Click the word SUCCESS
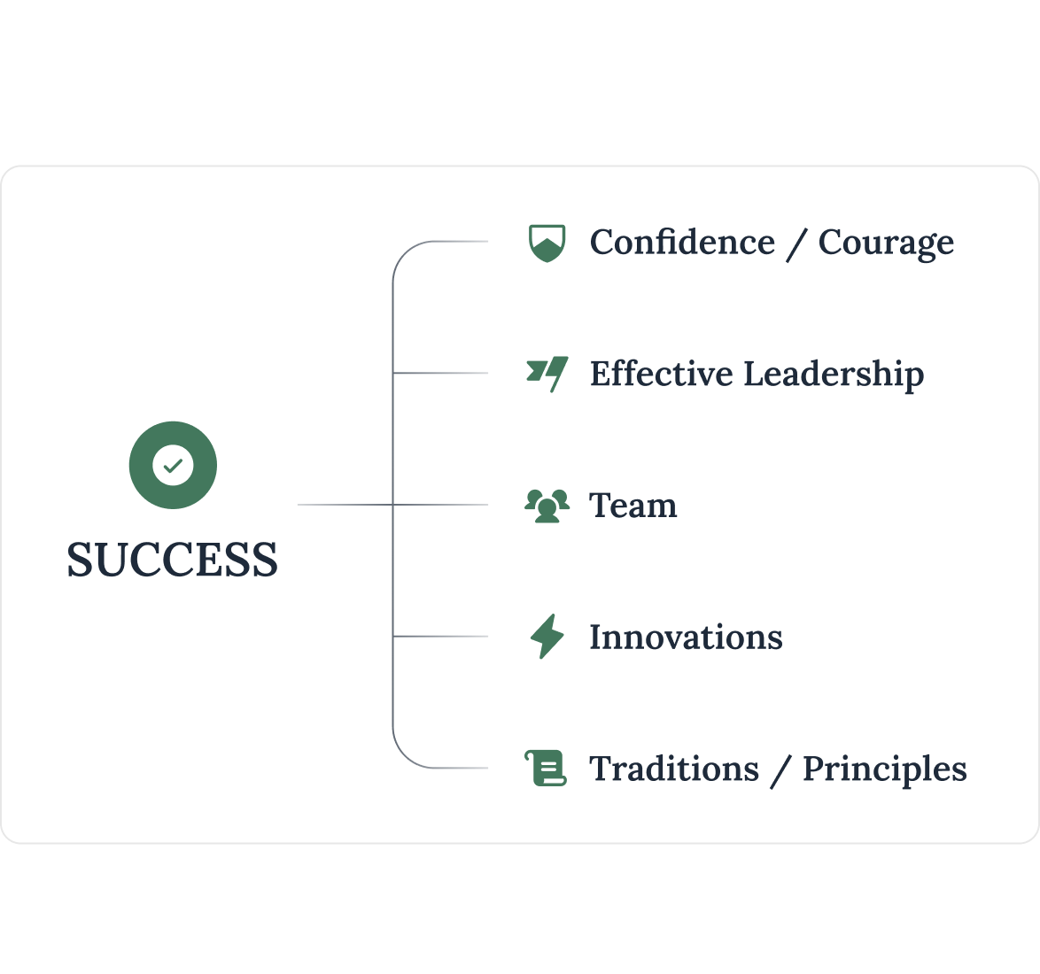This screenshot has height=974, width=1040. click(172, 560)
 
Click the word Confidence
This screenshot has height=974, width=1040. click(682, 243)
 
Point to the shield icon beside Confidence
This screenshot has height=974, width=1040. click(547, 243)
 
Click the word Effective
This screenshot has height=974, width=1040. click(660, 374)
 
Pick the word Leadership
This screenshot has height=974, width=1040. click(833, 375)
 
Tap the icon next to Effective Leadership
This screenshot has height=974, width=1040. click(547, 374)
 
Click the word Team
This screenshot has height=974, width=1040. click(633, 506)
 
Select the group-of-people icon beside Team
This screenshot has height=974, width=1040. click(547, 506)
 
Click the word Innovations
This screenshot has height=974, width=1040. click(686, 637)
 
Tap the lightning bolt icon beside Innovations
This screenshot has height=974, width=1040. click(547, 637)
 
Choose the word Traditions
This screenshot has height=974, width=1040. click(673, 769)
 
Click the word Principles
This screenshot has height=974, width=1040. click(884, 769)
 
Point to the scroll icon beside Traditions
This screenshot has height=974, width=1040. click(546, 768)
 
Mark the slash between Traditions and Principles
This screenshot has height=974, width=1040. click(780, 769)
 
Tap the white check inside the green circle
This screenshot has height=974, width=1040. click(173, 465)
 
